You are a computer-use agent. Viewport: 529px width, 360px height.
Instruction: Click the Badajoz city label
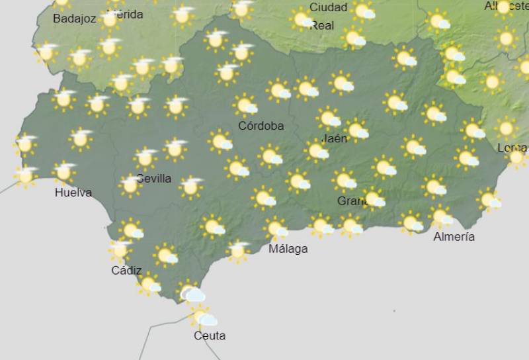click(x=74, y=19)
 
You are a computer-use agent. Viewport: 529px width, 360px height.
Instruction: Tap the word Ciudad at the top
click(x=328, y=7)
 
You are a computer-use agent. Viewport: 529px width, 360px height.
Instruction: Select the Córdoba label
click(x=262, y=126)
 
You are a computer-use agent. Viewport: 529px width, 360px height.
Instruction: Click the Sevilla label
click(x=154, y=178)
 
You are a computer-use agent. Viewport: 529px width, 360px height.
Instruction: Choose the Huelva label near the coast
click(x=73, y=193)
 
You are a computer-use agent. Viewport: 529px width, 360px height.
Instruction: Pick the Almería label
click(x=454, y=236)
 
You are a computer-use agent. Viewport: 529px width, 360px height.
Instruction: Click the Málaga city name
click(x=288, y=249)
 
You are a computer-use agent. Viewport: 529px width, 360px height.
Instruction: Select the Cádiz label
click(x=126, y=270)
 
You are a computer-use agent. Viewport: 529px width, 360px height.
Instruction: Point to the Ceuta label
click(x=210, y=336)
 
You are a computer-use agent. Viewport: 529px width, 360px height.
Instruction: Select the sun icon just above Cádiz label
click(x=120, y=250)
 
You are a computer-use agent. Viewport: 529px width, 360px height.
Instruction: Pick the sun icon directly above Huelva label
click(x=64, y=172)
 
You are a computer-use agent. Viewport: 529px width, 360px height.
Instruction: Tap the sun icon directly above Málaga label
click(x=275, y=229)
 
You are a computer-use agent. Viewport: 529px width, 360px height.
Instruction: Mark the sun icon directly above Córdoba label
click(x=245, y=105)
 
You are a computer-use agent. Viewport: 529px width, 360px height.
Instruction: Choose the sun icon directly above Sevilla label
click(x=145, y=158)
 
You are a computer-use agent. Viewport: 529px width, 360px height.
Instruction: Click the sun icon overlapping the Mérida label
click(x=110, y=19)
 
